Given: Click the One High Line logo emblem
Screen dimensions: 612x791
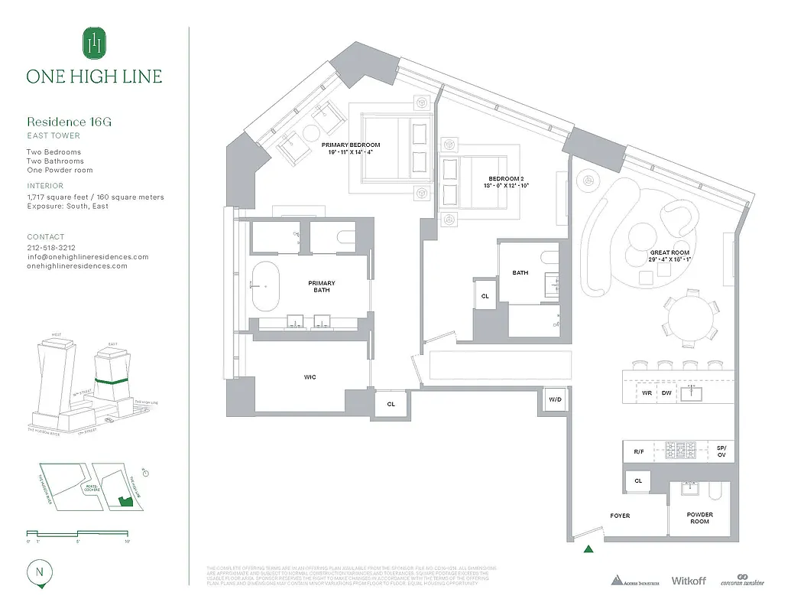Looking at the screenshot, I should click(x=94, y=44).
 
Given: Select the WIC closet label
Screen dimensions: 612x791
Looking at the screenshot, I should click(x=310, y=377).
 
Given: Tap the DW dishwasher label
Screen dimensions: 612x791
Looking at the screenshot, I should click(x=667, y=393).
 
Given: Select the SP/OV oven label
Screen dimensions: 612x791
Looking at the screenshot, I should click(x=721, y=451).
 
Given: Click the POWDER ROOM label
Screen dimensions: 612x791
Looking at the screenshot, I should click(x=699, y=519).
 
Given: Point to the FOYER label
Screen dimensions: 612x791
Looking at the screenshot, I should click(x=621, y=516).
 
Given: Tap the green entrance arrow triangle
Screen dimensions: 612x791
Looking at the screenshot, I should click(x=588, y=548).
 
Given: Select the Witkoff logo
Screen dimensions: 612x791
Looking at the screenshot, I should click(x=689, y=581).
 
